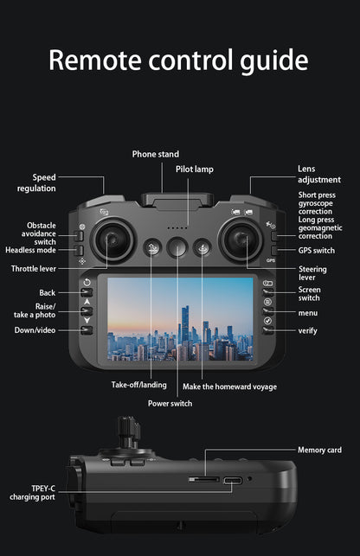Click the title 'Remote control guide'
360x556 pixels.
(x=178, y=60)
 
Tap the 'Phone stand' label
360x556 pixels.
(x=155, y=154)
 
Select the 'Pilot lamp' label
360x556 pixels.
(x=194, y=169)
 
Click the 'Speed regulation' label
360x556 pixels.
(x=36, y=182)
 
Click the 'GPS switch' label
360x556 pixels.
(x=316, y=251)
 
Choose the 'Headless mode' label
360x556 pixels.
(x=30, y=250)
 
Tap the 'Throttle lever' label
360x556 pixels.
(x=34, y=269)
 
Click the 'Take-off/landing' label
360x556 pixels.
(x=138, y=385)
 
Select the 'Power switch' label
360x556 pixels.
(x=170, y=403)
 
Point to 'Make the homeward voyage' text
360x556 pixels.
(x=229, y=386)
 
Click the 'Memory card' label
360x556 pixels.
(x=319, y=450)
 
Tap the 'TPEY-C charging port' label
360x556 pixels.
(x=31, y=492)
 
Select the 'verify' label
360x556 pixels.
(x=307, y=330)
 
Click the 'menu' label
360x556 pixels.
(x=307, y=312)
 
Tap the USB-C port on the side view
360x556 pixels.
(x=232, y=481)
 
